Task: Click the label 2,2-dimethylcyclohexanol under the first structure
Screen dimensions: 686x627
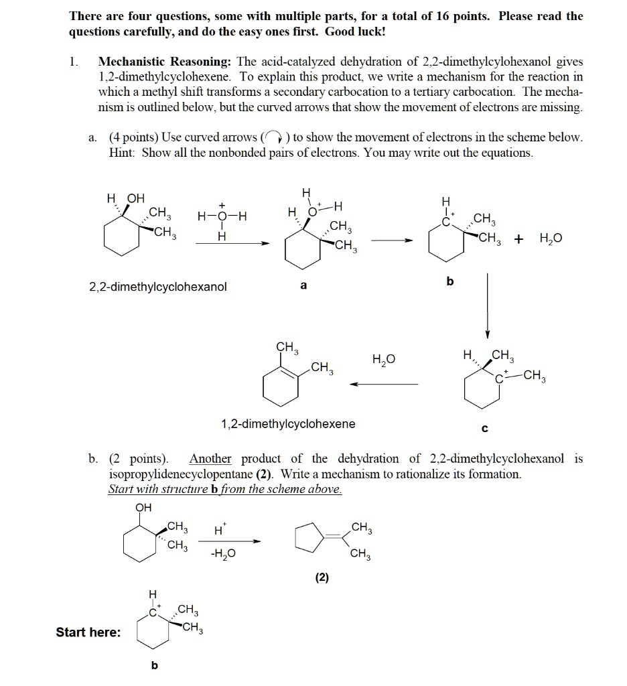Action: (x=158, y=287)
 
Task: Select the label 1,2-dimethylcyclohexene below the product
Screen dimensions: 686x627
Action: (x=288, y=424)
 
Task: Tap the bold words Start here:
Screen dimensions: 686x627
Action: (x=88, y=632)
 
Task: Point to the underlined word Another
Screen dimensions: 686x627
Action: (x=210, y=459)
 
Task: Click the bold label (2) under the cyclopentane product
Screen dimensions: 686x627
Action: (x=322, y=577)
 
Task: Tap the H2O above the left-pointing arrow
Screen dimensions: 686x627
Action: (x=385, y=360)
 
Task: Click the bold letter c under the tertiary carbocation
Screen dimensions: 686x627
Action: (x=485, y=427)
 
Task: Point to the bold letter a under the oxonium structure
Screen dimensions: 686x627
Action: (x=303, y=285)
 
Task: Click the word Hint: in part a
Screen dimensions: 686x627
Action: (x=122, y=152)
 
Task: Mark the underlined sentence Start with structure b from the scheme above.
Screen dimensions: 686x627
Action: (x=225, y=489)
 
